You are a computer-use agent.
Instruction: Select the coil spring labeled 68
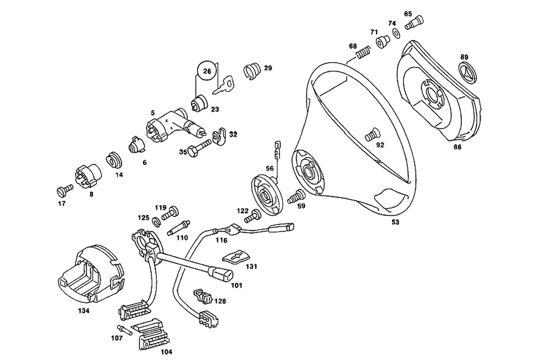(x=364, y=53)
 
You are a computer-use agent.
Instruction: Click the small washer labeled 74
(x=395, y=33)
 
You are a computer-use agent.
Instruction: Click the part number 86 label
(x=457, y=146)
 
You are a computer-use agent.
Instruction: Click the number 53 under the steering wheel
(x=395, y=222)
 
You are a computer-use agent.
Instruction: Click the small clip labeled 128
(x=201, y=296)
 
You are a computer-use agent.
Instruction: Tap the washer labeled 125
(x=156, y=221)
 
